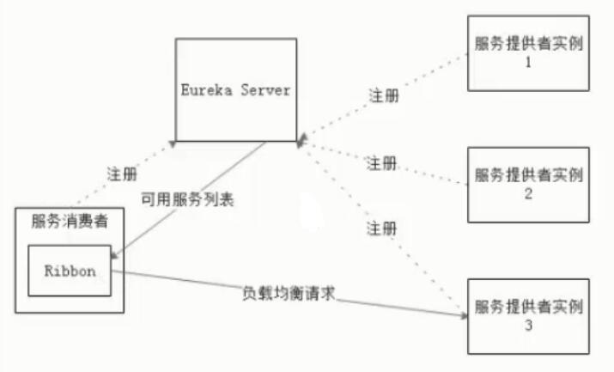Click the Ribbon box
[70, 269]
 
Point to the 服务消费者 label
[70, 222]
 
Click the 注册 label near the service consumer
[121, 174]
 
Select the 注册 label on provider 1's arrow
[383, 95]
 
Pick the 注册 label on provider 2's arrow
[381, 162]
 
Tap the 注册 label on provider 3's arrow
[381, 229]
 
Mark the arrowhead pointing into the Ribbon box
[116, 254]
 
